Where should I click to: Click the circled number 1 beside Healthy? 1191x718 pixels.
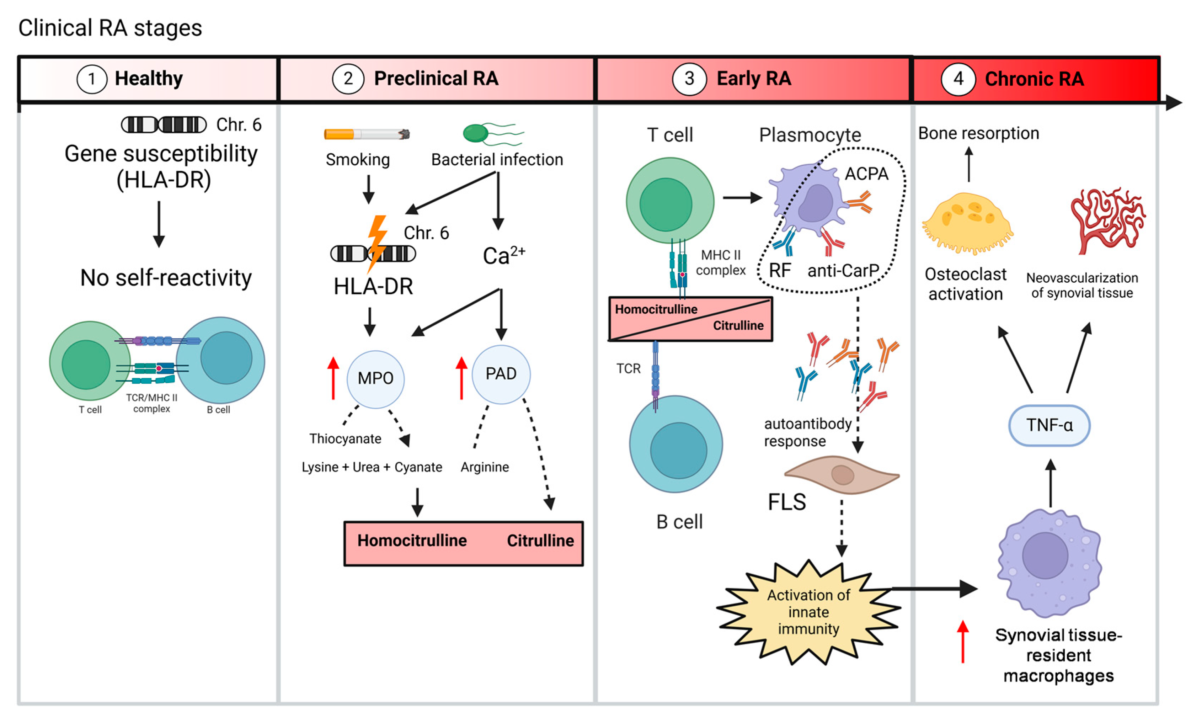pos(91,79)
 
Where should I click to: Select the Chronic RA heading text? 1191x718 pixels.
pos(1034,79)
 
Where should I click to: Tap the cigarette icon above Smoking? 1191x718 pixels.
pos(367,134)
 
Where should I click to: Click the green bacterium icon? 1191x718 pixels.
pos(476,133)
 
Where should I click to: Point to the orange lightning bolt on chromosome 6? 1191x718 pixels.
pos(376,242)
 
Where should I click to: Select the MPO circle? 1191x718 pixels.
pos(375,379)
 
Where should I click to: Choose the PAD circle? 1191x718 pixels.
pos(501,374)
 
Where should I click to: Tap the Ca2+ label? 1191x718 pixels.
pos(503,255)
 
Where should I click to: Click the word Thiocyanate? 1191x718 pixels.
pos(345,438)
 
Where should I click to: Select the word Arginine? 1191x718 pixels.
pos(484,467)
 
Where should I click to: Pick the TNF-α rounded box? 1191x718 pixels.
pos(1049,425)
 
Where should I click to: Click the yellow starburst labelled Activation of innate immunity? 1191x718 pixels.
pos(808,612)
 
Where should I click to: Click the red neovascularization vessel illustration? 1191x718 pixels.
pos(1107,220)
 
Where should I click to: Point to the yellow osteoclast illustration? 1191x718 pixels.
pos(967,222)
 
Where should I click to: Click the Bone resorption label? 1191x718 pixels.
pos(978,133)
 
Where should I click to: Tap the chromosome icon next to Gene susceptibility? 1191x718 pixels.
pos(164,125)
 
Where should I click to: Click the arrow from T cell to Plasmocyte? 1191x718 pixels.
pos(742,197)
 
